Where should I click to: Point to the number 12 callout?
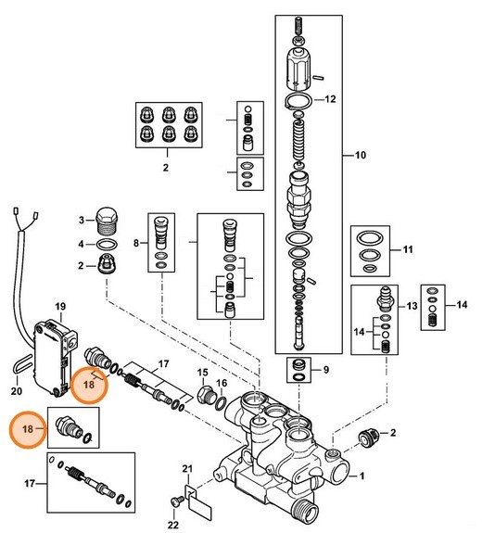click(x=329, y=98)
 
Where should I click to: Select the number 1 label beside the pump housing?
click(x=362, y=477)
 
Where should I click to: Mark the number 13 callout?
click(x=412, y=305)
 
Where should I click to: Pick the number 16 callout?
click(x=222, y=382)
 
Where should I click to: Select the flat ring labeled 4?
click(x=108, y=245)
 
